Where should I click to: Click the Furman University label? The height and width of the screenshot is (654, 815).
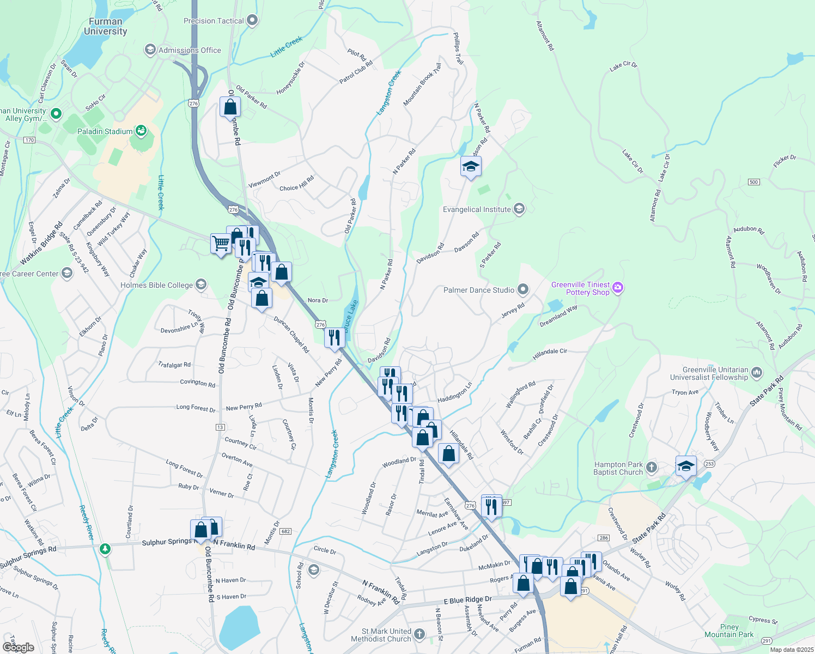(105, 27)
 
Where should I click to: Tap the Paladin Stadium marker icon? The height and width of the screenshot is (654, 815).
(141, 131)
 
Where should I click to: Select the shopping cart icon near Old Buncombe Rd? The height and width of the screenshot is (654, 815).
(221, 243)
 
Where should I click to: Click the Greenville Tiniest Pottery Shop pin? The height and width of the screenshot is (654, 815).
(617, 288)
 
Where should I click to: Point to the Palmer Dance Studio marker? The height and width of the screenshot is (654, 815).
(523, 289)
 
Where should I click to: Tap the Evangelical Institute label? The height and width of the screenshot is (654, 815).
(477, 209)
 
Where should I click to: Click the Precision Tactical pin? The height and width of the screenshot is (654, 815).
(252, 21)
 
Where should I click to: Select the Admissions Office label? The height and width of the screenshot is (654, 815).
(190, 50)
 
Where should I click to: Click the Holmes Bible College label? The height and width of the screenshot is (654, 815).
(156, 285)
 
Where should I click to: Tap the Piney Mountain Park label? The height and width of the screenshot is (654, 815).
(729, 631)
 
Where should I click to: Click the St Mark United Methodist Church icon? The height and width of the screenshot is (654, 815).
(419, 634)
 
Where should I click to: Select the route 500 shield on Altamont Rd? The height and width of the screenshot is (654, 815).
(753, 182)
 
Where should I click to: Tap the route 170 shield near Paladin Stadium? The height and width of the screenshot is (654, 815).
(29, 140)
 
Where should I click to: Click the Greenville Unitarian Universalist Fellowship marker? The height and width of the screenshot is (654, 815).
(756, 373)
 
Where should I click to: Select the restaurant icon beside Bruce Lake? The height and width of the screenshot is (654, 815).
(334, 338)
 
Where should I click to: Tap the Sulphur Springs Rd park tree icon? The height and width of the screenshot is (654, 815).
(105, 549)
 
